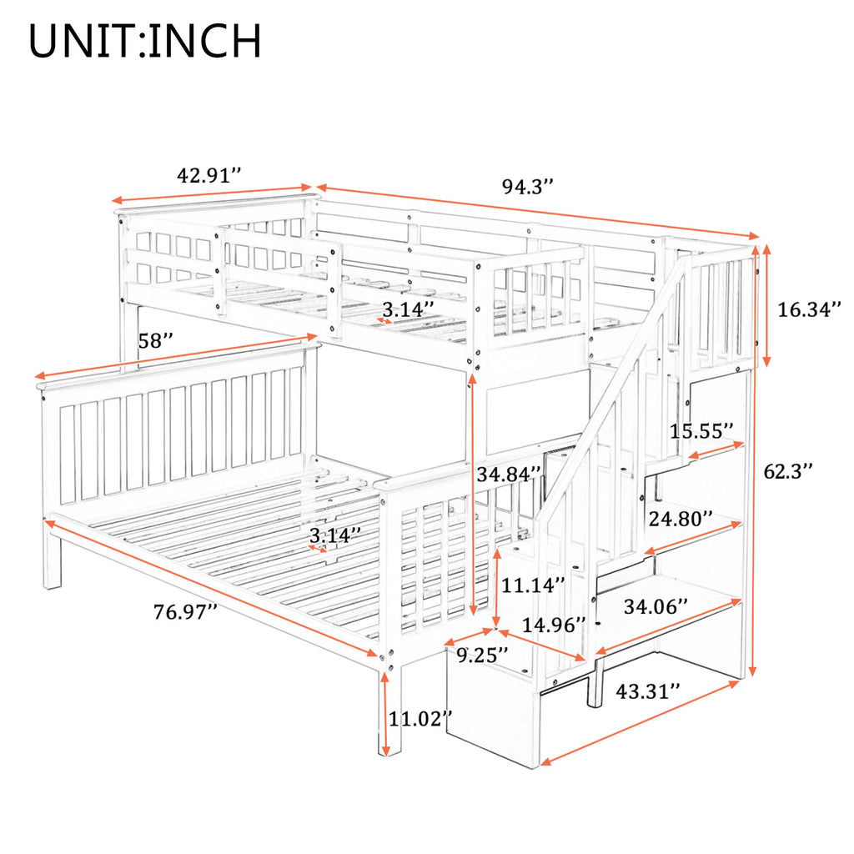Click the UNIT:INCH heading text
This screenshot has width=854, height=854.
(x=145, y=42)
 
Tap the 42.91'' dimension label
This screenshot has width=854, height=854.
(x=209, y=176)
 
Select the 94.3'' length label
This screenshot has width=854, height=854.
(x=528, y=187)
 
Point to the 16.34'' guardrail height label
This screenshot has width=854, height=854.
(x=809, y=310)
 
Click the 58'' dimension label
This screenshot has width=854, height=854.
(x=156, y=340)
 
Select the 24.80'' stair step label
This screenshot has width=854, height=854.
(x=680, y=520)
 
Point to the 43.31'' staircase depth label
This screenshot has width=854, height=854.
(x=647, y=691)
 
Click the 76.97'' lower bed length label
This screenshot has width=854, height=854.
(x=186, y=611)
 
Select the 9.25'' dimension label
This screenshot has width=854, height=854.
(x=483, y=656)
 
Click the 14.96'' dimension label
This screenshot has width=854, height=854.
(x=551, y=624)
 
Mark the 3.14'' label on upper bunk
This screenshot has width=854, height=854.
(x=407, y=308)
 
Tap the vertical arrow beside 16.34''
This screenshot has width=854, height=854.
(x=766, y=306)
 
